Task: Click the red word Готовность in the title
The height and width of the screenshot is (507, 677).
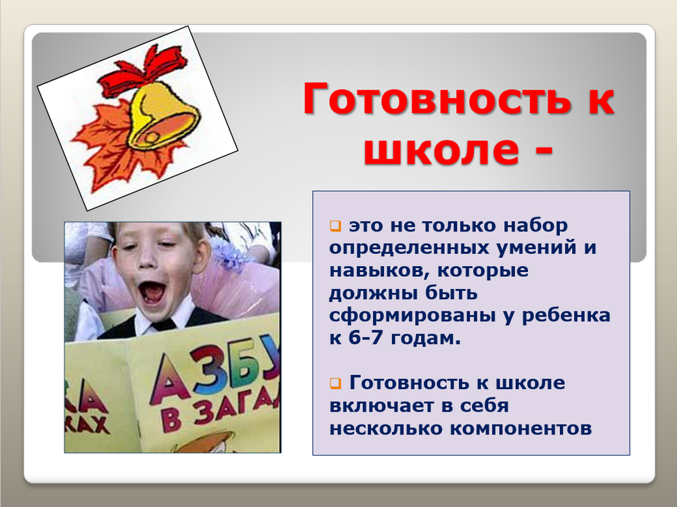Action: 437,99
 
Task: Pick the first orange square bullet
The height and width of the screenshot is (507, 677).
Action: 336,225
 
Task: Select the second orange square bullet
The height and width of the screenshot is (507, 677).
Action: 336,383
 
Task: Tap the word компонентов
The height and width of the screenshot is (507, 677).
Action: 521,429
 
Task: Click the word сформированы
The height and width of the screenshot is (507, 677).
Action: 412,315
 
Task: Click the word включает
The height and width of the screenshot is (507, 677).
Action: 380,406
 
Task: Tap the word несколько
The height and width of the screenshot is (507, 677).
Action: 386,429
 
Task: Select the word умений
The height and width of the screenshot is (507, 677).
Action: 536,248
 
